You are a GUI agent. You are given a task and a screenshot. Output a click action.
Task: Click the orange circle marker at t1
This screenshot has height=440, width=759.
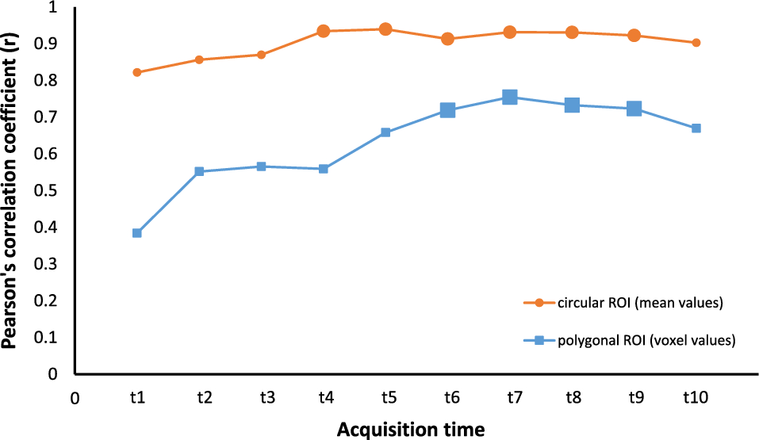pos(137,72)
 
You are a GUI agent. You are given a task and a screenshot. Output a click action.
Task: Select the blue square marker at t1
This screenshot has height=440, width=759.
pos(137,233)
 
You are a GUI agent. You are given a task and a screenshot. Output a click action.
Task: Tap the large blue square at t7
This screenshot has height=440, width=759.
pos(510,98)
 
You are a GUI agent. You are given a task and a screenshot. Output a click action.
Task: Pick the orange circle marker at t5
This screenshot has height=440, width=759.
pos(385,29)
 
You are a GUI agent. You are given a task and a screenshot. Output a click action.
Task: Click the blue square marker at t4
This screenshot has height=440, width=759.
pos(324,169)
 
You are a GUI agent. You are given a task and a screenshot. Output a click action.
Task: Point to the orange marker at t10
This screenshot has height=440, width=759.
pos(696,43)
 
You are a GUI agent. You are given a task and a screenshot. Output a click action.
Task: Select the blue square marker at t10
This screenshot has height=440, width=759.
pos(696,128)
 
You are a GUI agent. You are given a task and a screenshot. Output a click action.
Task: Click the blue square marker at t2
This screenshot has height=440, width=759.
pos(199,171)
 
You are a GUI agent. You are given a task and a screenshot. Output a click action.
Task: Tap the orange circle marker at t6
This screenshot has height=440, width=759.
pos(447,39)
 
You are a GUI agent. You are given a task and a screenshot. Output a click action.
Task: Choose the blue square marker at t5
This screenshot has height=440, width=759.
pos(385,132)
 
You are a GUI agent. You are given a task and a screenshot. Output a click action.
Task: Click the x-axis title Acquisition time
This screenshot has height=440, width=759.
pos(410,429)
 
